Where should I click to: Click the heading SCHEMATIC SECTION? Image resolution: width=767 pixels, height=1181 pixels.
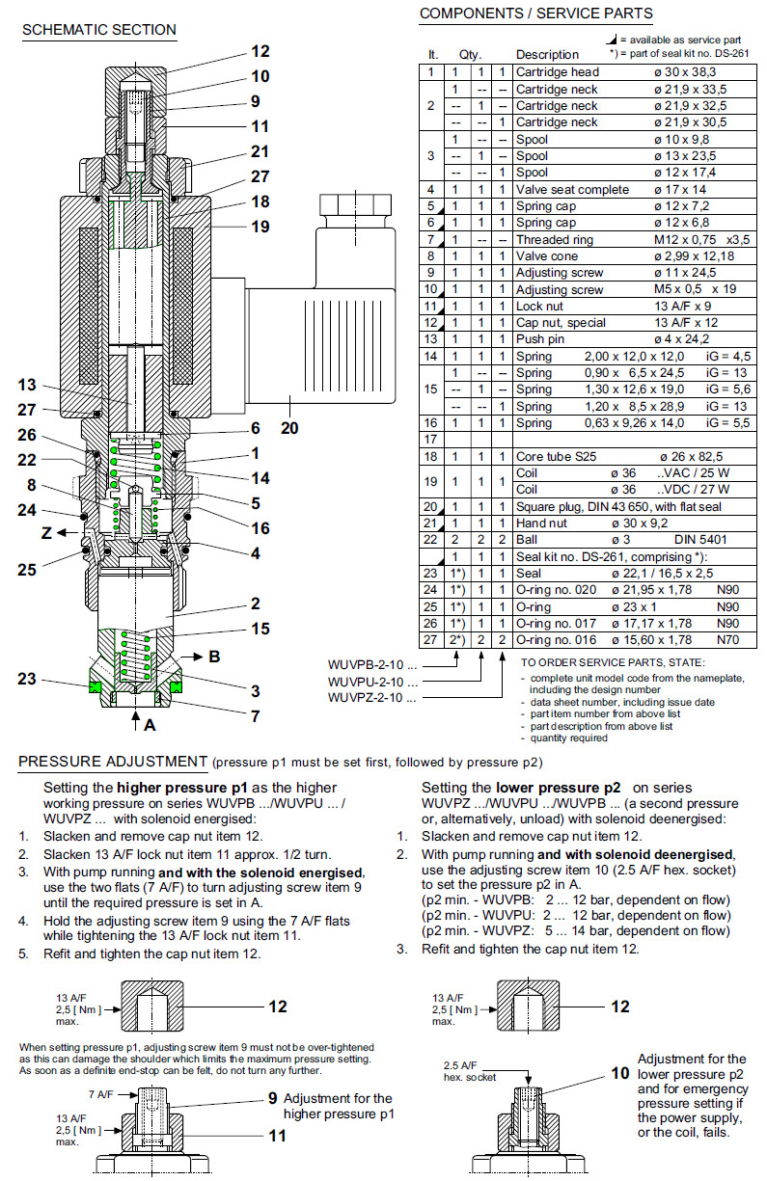[x=98, y=30]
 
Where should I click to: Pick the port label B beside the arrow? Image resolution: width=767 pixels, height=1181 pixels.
[x=213, y=657]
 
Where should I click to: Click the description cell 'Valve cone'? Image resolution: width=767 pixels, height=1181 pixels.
[x=547, y=256]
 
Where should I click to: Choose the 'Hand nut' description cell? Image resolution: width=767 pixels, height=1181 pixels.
[x=544, y=523]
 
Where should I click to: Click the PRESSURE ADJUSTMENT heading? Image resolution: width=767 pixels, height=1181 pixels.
[x=113, y=763]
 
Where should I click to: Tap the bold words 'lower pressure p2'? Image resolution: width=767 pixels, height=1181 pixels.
[x=564, y=787]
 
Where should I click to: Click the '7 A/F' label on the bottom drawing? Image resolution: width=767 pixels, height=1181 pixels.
[x=101, y=1094]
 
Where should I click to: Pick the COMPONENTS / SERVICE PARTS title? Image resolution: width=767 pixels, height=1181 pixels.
[x=535, y=13]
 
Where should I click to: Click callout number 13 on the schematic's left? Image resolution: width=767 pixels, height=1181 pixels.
[x=26, y=385]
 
